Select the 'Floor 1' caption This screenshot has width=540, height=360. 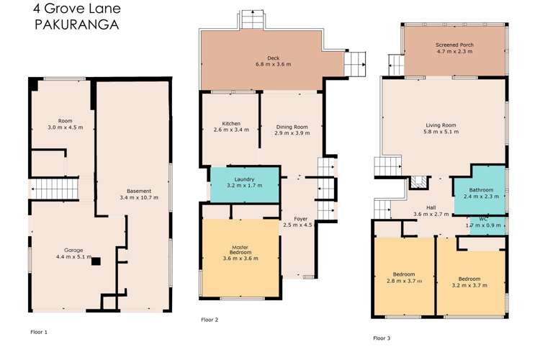(39, 333)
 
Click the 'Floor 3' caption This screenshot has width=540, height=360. (382, 338)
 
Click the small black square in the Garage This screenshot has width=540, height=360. (94, 262)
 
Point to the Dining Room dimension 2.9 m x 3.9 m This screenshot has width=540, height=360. (292, 133)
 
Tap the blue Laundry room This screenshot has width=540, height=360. (243, 185)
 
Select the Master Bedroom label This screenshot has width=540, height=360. (241, 250)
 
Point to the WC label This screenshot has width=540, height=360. (485, 220)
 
